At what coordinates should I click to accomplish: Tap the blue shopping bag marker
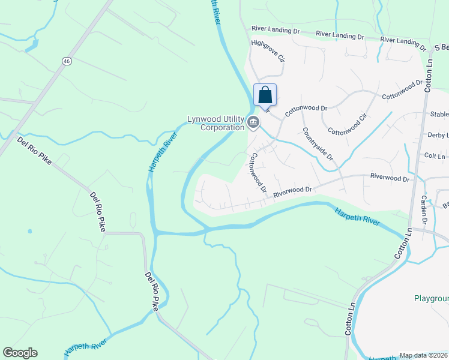click(x=265, y=95)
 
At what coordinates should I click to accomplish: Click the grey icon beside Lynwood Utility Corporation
click(x=253, y=124)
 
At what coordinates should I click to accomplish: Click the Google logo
click(x=20, y=353)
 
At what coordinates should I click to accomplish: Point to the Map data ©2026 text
click(x=423, y=355)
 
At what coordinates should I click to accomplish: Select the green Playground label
click(x=431, y=298)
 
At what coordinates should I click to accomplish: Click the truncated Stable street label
click(x=439, y=114)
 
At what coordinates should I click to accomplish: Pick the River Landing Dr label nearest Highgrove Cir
click(x=276, y=29)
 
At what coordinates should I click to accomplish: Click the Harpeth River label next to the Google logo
click(x=86, y=346)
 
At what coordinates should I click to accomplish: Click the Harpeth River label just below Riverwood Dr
click(x=357, y=217)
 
